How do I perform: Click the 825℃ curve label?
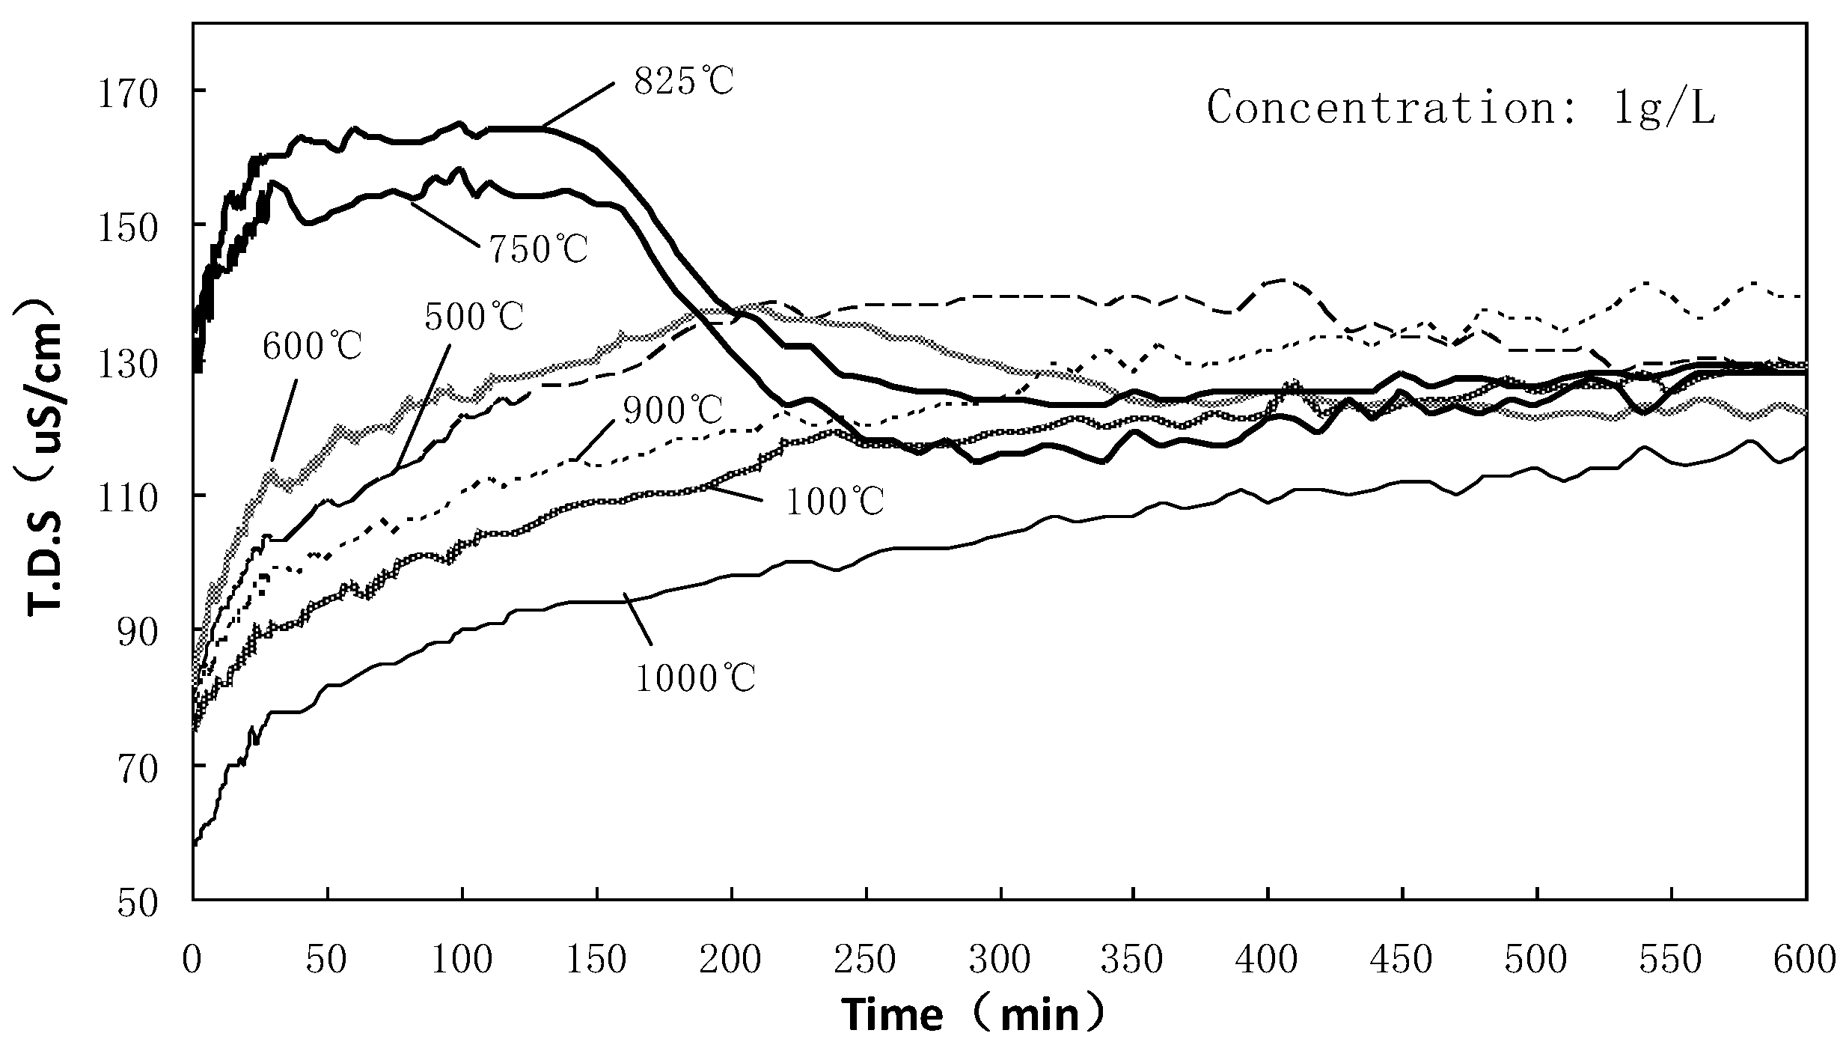(684, 82)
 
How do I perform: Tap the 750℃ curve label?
(538, 249)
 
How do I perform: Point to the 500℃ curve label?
(474, 317)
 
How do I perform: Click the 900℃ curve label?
(673, 409)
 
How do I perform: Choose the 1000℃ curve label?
(696, 679)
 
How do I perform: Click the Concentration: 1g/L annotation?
(1461, 108)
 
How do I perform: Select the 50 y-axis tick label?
(139, 903)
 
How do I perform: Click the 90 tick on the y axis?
(139, 633)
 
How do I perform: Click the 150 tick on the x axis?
(596, 960)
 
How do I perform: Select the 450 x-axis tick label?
(1402, 960)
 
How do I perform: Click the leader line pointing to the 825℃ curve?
(580, 106)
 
